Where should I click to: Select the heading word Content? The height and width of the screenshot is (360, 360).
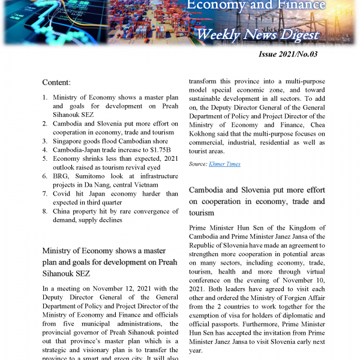click(56, 82)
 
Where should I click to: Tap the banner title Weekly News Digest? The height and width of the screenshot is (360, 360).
click(257, 34)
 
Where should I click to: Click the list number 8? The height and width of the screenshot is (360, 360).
click(46, 211)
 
